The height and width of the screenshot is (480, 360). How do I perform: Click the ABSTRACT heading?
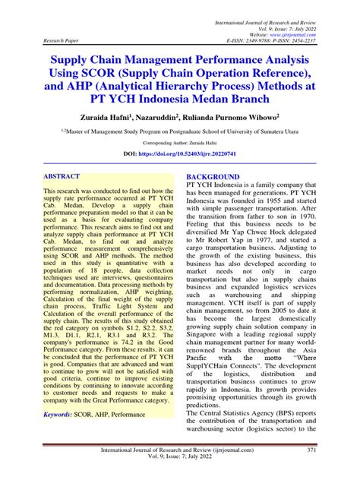pyautogui.click(x=65, y=175)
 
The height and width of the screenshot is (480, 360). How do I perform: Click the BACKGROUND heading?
pyautogui.click(x=213, y=176)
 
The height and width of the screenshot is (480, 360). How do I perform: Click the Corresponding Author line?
pyautogui.click(x=180, y=142)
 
